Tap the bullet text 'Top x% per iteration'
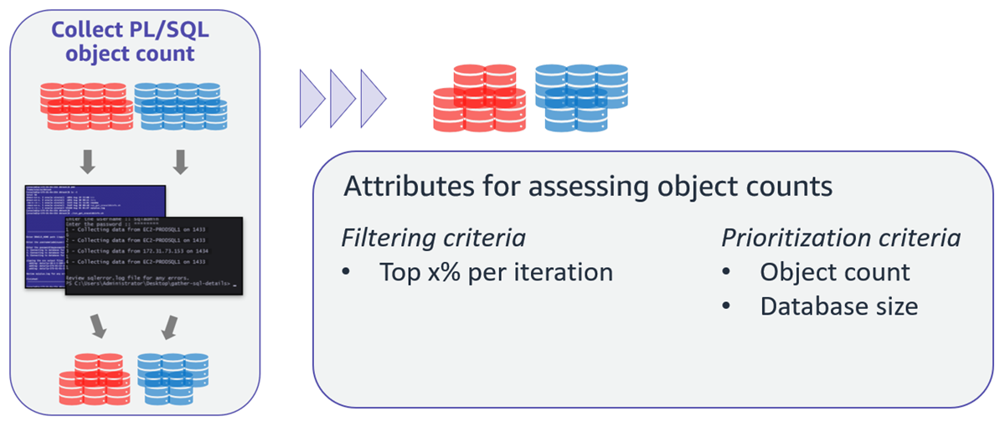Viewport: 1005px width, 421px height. pos(496,273)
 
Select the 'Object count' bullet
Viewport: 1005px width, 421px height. pos(834,273)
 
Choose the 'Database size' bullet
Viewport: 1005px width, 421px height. pos(838,306)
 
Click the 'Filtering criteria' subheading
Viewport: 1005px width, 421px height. pos(433,238)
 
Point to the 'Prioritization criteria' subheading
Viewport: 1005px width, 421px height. pos(841,238)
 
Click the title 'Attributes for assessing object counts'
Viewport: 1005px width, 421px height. pos(587,186)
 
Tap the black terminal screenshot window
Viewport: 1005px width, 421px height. pos(153,254)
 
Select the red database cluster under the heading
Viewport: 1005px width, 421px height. pos(86,104)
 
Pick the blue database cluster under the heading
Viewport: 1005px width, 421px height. pos(180,104)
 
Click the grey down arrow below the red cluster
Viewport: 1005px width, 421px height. pos(87,159)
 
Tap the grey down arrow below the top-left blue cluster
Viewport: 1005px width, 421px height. pos(179,159)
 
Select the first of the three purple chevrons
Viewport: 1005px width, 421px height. pos(312,98)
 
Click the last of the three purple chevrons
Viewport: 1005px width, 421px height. pos(373,98)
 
